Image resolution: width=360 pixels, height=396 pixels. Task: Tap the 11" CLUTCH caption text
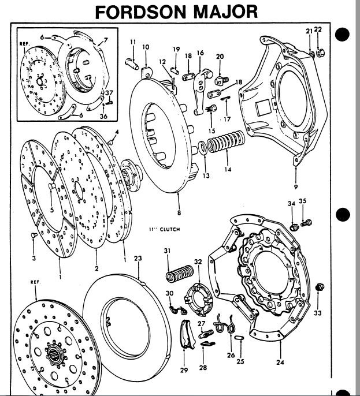[164, 229]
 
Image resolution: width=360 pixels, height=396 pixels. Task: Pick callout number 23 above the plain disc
[138, 257]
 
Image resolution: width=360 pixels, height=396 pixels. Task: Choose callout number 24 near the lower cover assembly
[280, 363]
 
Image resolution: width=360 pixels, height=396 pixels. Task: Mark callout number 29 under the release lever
[184, 370]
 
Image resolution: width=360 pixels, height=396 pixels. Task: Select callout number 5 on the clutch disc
[51, 211]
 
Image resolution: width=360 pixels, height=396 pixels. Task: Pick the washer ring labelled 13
[203, 150]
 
